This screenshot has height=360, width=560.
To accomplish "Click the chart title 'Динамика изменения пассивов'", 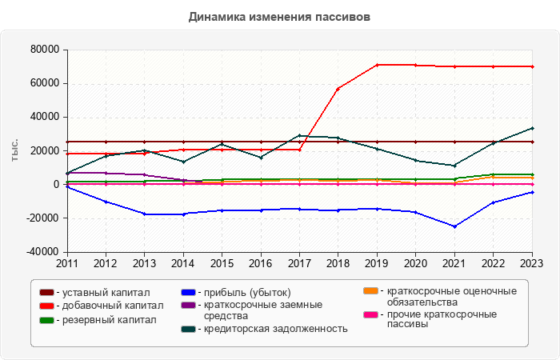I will pos(280,16).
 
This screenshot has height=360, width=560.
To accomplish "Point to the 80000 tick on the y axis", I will pos(46,50).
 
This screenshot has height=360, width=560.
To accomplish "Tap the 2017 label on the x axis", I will pos(299,262).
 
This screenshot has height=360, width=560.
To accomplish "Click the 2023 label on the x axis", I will pos(532,262).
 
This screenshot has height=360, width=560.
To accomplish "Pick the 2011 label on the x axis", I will pos(67,262).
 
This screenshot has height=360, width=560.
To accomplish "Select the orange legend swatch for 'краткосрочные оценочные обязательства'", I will pos(370,292).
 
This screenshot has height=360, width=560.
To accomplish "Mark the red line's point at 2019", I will pos(377,65).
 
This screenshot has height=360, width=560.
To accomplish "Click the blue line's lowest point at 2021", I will pos(454,226).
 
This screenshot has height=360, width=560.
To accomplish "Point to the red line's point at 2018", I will pos(338,88).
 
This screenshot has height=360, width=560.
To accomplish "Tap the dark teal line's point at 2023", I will pos(532,128).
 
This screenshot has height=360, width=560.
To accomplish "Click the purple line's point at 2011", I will pos(67,173).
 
